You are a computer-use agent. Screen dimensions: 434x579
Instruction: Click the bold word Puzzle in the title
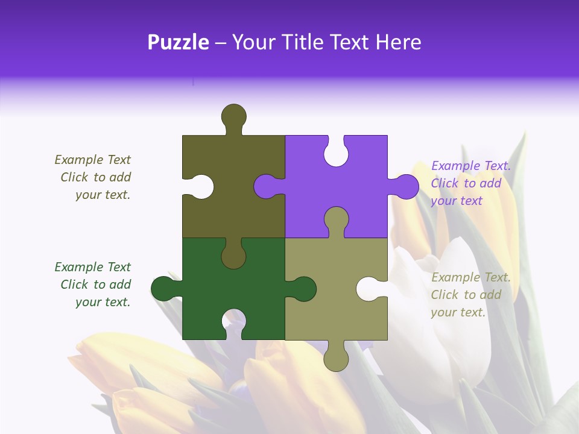click(x=179, y=42)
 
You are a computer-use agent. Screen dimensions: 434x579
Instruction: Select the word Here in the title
click(x=398, y=42)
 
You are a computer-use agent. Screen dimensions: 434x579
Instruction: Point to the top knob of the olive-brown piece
click(x=233, y=116)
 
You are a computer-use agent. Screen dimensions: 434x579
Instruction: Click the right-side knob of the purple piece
click(x=406, y=186)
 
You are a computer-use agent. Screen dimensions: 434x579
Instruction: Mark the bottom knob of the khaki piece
click(x=336, y=359)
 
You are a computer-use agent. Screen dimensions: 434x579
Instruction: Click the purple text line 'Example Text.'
click(x=471, y=166)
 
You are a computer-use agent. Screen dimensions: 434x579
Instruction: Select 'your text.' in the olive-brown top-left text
click(x=103, y=195)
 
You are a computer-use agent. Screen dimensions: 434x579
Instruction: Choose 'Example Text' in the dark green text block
click(x=92, y=267)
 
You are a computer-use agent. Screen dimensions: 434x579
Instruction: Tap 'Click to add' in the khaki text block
click(x=466, y=295)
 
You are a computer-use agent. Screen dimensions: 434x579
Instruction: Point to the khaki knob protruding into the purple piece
click(x=336, y=219)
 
